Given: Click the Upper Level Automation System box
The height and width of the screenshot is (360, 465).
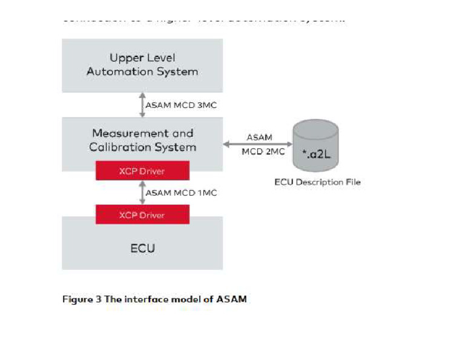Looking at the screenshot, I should pyautogui.click(x=142, y=65).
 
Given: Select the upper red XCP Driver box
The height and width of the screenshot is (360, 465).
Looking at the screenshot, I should pyautogui.click(x=142, y=171).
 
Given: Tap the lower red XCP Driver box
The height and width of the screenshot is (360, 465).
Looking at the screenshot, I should pyautogui.click(x=142, y=215).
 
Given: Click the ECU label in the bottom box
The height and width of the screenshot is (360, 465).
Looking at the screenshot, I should pyautogui.click(x=142, y=248).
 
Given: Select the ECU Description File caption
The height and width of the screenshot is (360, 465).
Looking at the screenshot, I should pyautogui.click(x=317, y=181).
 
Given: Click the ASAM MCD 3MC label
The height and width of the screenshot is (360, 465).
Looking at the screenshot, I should pyautogui.click(x=181, y=104).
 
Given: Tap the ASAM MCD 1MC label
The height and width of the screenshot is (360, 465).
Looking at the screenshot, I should pyautogui.click(x=181, y=192).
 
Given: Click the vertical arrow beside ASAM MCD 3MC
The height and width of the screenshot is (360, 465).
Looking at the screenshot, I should pyautogui.click(x=142, y=104).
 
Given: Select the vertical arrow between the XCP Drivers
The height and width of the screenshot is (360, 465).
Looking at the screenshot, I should pyautogui.click(x=142, y=192).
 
